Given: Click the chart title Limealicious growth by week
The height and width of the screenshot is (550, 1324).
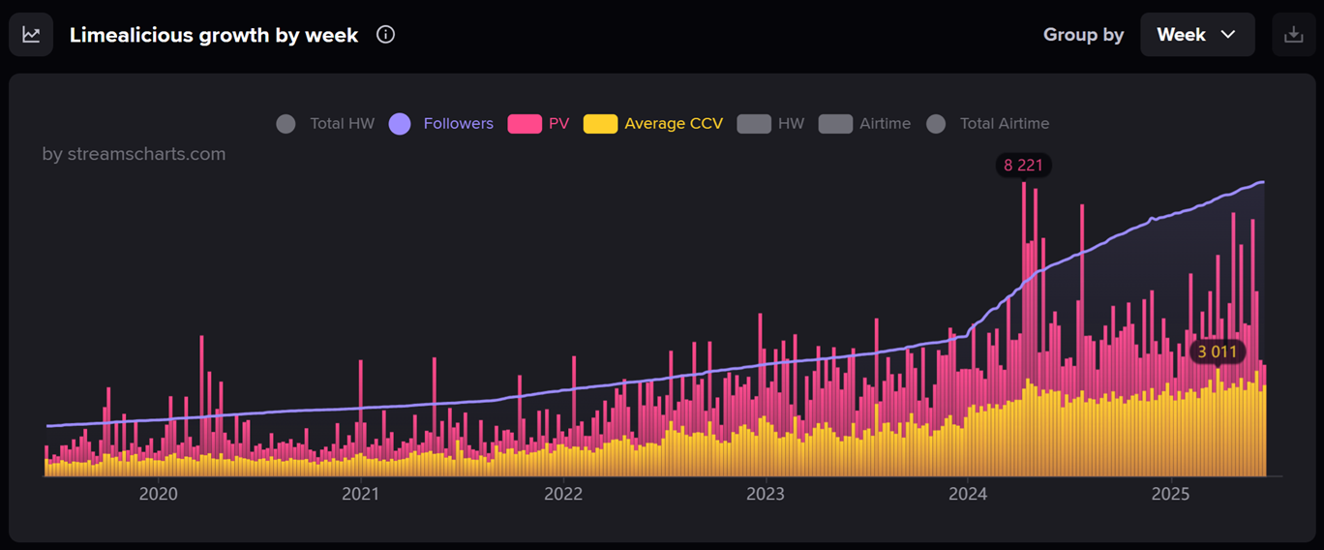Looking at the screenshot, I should (x=214, y=35).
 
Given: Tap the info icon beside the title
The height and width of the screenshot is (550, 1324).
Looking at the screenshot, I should (x=385, y=35).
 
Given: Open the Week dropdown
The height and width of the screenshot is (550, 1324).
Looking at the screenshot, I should (x=1197, y=35).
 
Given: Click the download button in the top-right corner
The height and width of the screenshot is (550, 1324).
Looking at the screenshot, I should (x=1293, y=35).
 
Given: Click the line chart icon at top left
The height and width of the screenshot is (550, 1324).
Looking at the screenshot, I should (x=31, y=35).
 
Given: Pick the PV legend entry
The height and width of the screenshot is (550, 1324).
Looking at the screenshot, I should (x=539, y=124).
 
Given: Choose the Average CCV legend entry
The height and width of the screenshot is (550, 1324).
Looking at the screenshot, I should (x=653, y=124).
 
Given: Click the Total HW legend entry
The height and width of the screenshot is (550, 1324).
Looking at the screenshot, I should (x=325, y=124).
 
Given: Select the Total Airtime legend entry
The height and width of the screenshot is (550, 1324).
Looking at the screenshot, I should (x=988, y=124).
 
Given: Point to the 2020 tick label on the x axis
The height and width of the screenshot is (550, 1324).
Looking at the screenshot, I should (x=159, y=494).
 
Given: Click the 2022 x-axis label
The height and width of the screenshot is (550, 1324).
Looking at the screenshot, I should (x=563, y=494).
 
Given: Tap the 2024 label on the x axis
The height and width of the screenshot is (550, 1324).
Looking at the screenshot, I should (x=968, y=494).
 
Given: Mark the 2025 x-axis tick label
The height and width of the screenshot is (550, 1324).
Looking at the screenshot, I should (x=1170, y=494).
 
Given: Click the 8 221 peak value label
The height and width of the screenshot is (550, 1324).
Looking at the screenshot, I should (x=1023, y=166).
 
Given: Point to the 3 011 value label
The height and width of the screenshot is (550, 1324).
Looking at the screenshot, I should (x=1218, y=351).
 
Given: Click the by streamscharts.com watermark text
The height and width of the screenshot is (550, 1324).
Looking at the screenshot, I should (x=134, y=154).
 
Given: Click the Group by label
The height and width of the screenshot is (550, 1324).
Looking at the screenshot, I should (x=1083, y=35).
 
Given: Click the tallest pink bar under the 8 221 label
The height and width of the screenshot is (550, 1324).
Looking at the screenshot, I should (x=1024, y=290).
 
